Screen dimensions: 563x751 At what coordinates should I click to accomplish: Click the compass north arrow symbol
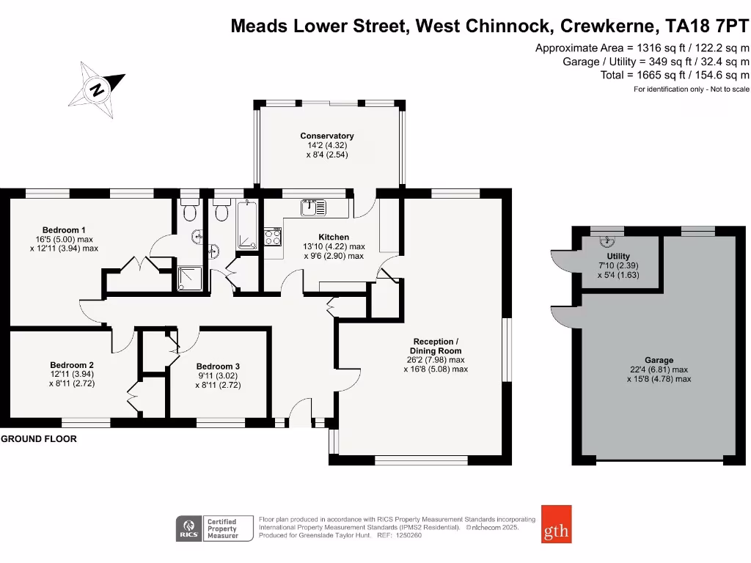pyautogui.click(x=97, y=89)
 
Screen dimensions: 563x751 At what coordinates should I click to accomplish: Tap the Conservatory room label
pyautogui.click(x=326, y=136)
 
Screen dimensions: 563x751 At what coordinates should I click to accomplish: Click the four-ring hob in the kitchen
pyautogui.click(x=273, y=238)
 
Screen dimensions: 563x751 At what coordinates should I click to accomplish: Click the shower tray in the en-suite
pyautogui.click(x=189, y=278)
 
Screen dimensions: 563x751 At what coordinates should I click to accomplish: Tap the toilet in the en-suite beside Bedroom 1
pyautogui.click(x=189, y=212)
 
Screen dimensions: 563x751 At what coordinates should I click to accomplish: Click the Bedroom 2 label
pyautogui.click(x=72, y=365)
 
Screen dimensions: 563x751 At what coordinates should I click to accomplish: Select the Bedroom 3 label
pyautogui.click(x=218, y=367)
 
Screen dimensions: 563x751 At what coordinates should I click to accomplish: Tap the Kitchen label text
pyautogui.click(x=333, y=238)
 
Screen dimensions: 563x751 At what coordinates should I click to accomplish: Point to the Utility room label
pyautogui.click(x=618, y=256)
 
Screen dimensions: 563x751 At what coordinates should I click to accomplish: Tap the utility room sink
pyautogui.click(x=607, y=240)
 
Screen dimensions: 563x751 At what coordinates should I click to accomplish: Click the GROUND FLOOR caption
pyautogui.click(x=39, y=439)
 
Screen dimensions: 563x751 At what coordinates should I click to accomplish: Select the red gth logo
pyautogui.click(x=556, y=523)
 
